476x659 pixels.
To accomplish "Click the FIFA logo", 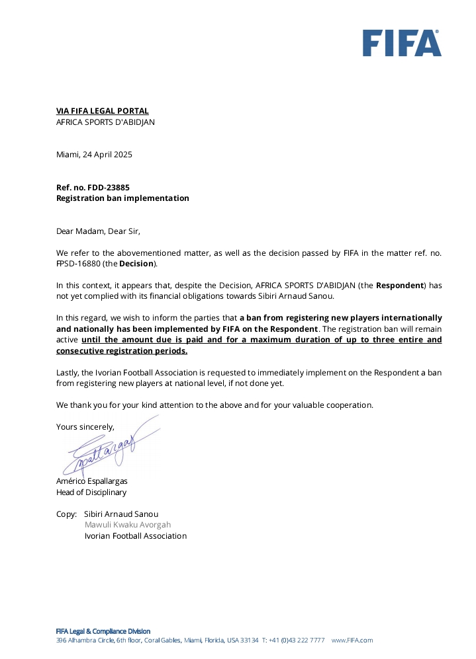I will point(401,43).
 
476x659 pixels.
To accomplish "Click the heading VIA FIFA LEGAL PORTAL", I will point(102,111).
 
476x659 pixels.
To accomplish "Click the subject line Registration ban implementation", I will point(122,198).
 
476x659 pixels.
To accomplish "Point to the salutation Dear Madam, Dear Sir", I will point(98,231).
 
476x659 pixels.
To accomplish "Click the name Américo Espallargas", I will point(91,481).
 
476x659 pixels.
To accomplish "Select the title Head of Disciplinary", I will point(91,492).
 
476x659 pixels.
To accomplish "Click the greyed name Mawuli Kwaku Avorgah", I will point(127,525).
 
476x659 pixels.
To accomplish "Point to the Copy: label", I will point(66,514).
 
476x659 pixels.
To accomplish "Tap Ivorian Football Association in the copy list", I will point(135,536).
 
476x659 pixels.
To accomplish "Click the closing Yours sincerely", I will point(85,427).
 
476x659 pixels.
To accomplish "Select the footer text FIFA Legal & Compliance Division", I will point(103,631).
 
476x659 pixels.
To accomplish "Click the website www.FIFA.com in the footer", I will point(352,640).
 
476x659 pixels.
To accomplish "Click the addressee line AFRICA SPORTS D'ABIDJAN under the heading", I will point(105,122).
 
